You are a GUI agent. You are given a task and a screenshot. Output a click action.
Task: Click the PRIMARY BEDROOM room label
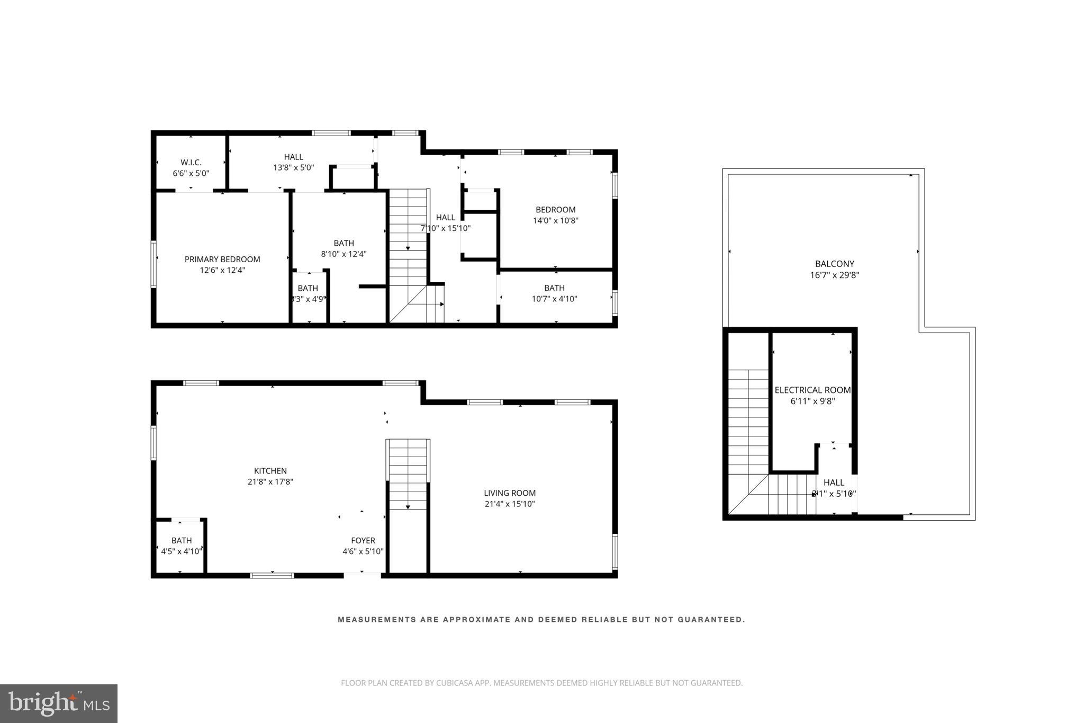(x=222, y=259)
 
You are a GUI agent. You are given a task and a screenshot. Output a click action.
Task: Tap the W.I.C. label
(x=191, y=162)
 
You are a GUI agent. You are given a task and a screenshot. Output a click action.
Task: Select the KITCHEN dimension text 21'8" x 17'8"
(x=270, y=481)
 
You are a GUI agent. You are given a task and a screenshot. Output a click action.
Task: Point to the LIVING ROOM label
(x=510, y=493)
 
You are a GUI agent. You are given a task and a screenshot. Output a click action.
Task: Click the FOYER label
(x=363, y=540)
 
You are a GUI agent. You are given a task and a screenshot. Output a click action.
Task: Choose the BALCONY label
(x=834, y=264)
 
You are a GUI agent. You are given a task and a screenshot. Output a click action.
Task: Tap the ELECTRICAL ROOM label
(x=812, y=390)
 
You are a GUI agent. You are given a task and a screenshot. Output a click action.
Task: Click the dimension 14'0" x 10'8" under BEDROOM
(x=555, y=220)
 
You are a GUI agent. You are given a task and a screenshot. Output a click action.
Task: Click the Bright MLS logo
(x=59, y=703)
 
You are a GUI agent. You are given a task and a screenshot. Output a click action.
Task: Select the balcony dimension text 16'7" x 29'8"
(x=834, y=275)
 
